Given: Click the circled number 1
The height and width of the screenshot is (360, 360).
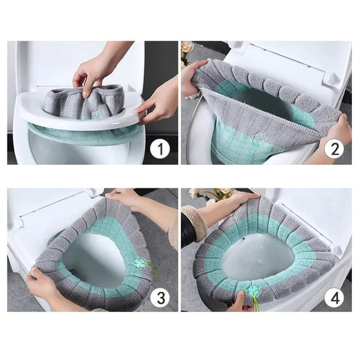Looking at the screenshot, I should click(159, 147).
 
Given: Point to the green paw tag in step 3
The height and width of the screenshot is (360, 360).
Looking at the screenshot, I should click(140, 263).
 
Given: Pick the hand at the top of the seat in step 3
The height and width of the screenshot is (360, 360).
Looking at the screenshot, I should click(125, 198).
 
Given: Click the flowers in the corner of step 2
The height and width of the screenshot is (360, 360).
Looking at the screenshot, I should click(187, 51).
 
